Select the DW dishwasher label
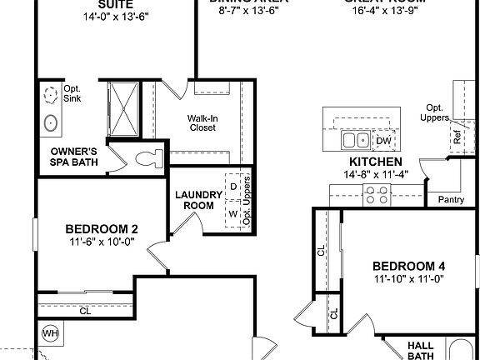(x=383, y=141)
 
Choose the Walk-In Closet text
(x=202, y=122)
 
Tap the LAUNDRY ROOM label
(x=198, y=200)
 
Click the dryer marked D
(x=234, y=184)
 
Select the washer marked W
(x=234, y=213)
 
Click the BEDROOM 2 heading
(x=102, y=229)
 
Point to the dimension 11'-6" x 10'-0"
(x=102, y=242)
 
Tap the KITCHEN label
(x=376, y=162)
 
